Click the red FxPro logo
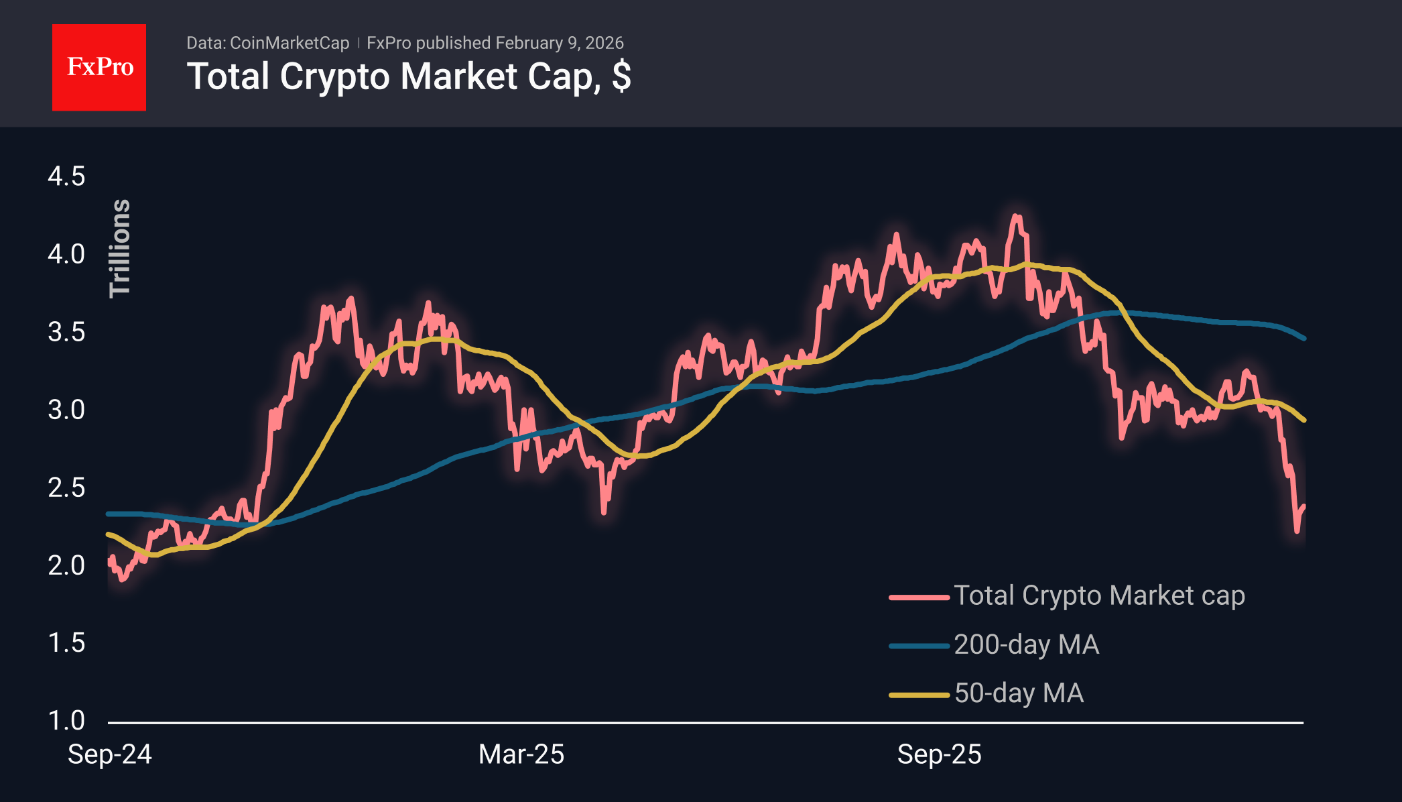tap(99, 67)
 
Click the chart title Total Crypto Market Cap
tap(408, 76)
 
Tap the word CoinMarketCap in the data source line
tap(290, 43)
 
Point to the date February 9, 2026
tap(560, 43)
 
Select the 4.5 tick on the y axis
tap(66, 176)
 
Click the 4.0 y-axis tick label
tap(66, 254)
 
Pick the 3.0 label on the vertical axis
tap(66, 410)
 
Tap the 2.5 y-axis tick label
tap(66, 488)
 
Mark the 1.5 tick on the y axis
tap(66, 643)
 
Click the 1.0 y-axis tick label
tap(66, 721)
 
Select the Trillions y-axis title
tap(120, 248)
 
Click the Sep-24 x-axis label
tap(110, 754)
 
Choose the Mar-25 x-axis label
tap(521, 754)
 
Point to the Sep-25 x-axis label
tap(939, 754)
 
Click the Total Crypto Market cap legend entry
tap(1099, 595)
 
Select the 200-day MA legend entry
tap(1026, 644)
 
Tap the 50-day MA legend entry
tap(1019, 693)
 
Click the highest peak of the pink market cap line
tap(1017, 216)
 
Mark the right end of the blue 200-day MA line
tap(1303, 339)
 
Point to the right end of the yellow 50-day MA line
tap(1303, 420)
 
